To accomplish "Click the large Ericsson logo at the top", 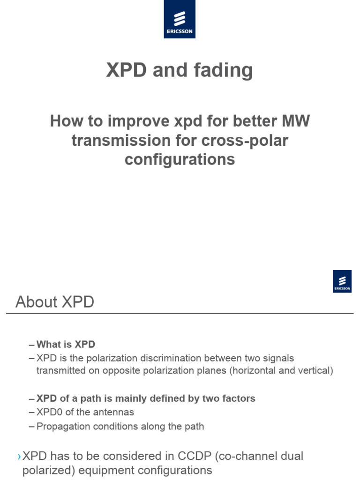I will click(x=180, y=19).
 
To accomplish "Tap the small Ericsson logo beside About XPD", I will click(x=342, y=281).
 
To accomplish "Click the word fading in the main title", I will click(x=223, y=70).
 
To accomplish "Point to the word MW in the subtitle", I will click(x=295, y=121).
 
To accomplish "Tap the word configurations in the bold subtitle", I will click(x=180, y=159).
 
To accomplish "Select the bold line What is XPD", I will click(x=66, y=345).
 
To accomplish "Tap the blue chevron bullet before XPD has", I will click(x=19, y=456).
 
